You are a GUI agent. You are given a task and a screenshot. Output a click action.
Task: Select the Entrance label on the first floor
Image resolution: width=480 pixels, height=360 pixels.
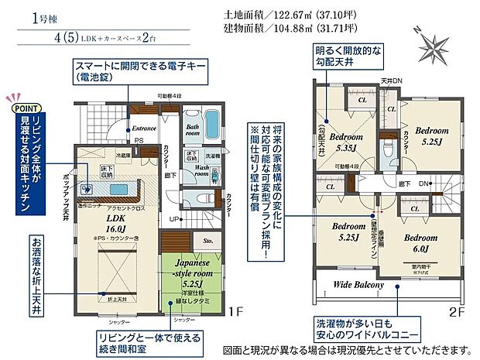point(144,129)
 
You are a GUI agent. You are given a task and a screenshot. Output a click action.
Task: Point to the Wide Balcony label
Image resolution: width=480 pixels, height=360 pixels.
point(358,285)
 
